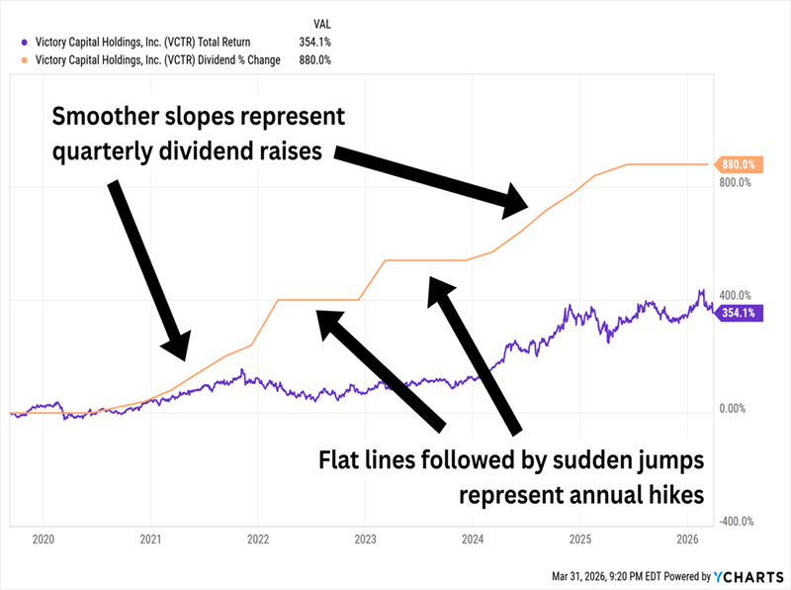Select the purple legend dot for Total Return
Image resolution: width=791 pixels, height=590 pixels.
coord(25,42)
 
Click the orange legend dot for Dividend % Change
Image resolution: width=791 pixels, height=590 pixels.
coord(25,59)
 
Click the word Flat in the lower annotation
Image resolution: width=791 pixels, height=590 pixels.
coord(340,461)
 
